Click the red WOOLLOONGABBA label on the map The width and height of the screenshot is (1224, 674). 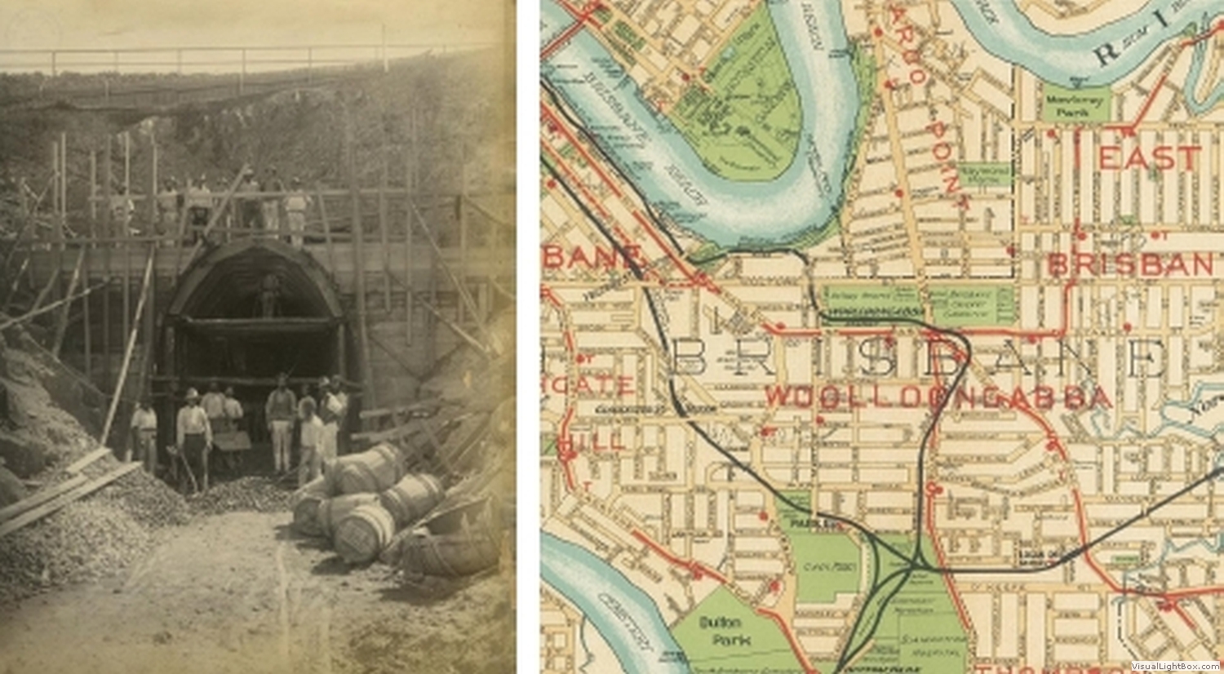pos(938,397)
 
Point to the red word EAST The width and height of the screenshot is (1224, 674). pos(1150,157)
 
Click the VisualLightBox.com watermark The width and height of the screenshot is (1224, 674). pos(1175,666)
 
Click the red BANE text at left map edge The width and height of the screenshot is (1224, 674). pos(589,258)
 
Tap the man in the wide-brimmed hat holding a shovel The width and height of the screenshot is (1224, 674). pos(194,437)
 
